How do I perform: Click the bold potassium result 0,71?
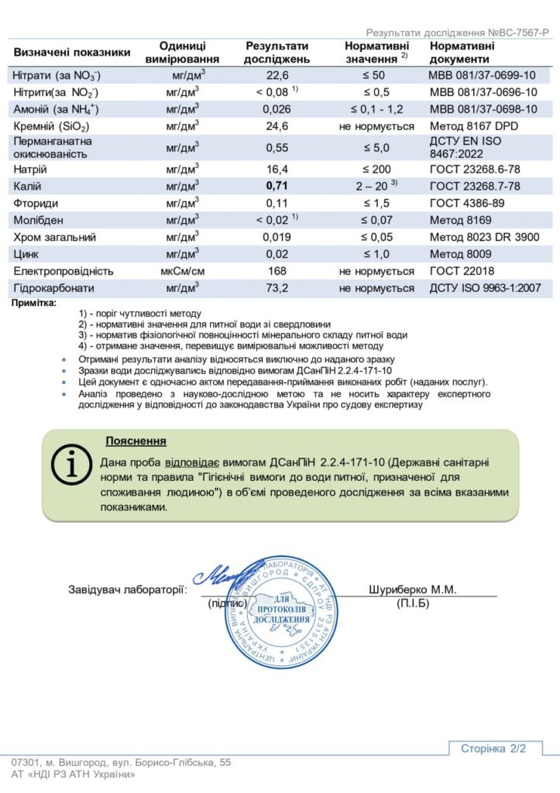tap(277, 186)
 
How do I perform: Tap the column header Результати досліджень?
tap(277, 53)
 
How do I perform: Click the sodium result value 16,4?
tap(277, 169)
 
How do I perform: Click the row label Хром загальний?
tap(52, 237)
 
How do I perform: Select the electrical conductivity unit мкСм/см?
tap(182, 271)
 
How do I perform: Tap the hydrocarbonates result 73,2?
tap(277, 288)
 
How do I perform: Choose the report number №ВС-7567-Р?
tap(518, 33)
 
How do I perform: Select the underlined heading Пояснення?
tap(136, 441)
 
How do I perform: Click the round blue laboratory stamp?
tap(281, 612)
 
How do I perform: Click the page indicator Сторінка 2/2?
tap(493, 748)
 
